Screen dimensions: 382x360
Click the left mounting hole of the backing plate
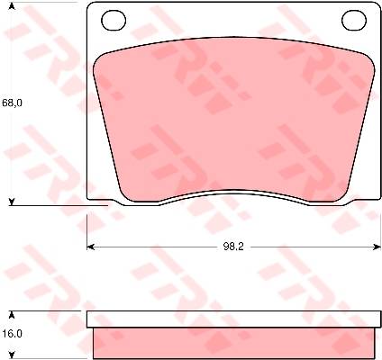(114, 20)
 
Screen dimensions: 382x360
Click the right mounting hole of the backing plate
(354, 20)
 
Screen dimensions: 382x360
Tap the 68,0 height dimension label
(12, 103)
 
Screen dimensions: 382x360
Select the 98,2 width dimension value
(233, 247)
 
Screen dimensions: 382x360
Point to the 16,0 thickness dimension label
(12, 334)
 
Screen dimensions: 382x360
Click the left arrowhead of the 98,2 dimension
(90, 247)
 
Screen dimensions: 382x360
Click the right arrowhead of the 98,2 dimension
(377, 247)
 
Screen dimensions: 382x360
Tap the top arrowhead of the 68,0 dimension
(12, 6)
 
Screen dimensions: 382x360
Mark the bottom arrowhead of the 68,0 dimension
(12, 202)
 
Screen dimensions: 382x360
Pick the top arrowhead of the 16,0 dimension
(12, 315)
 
